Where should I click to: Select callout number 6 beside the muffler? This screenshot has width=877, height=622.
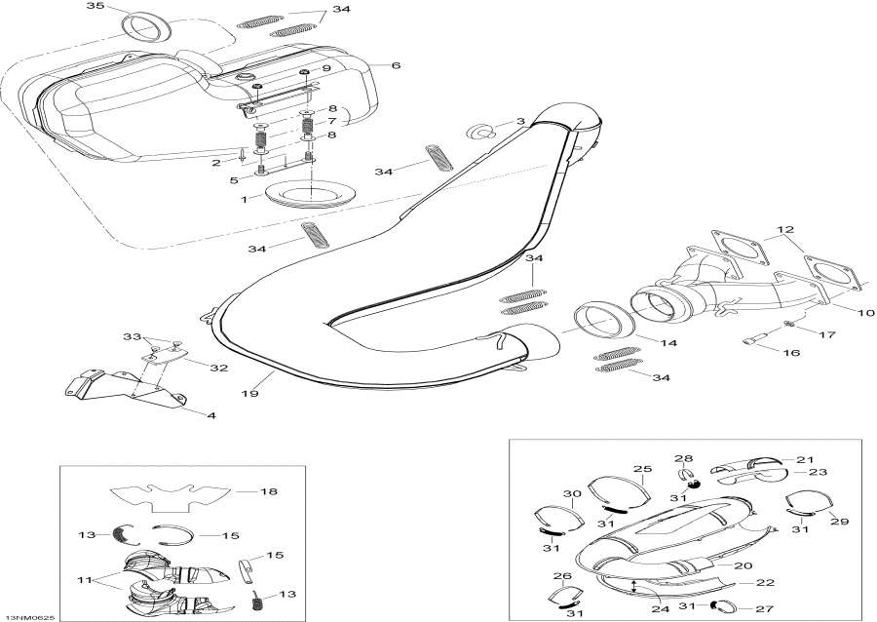click(x=396, y=65)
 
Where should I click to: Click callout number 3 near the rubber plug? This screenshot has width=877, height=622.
click(x=521, y=122)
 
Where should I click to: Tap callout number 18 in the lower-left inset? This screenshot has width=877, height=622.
click(x=268, y=491)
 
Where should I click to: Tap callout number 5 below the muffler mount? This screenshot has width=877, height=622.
click(x=233, y=179)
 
